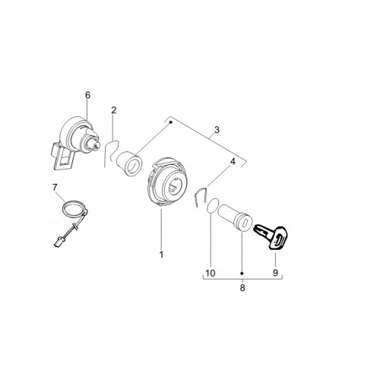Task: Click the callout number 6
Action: [x=87, y=96]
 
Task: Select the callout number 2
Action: [x=114, y=110]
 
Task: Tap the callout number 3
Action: [x=217, y=130]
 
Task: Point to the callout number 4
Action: [x=233, y=161]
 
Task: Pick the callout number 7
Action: [x=55, y=188]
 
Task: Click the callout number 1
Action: [x=161, y=255]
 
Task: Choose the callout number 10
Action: [x=211, y=273]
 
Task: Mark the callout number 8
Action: [x=242, y=288]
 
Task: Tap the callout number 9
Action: [x=275, y=273]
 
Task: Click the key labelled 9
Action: [x=272, y=236]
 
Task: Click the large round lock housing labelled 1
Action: [x=168, y=183]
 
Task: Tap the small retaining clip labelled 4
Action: [x=201, y=197]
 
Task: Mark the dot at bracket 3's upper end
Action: [x=171, y=122]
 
